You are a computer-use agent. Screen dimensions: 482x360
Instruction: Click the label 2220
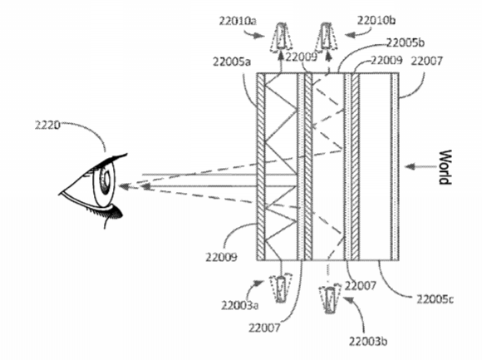47,126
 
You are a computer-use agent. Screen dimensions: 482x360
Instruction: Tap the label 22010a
238,21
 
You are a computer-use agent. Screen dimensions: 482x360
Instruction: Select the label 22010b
376,20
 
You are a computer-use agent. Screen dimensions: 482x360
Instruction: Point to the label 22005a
232,62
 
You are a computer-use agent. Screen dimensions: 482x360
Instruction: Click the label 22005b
406,42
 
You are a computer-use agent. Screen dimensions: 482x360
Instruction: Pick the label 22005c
435,298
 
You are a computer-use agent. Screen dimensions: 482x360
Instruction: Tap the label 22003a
239,305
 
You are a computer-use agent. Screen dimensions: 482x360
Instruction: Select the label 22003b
367,341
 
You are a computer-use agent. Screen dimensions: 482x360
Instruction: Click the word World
445,167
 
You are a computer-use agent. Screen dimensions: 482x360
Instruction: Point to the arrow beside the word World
421,167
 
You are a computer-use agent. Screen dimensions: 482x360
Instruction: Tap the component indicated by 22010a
281,37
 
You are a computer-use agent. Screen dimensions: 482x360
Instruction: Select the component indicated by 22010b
326,36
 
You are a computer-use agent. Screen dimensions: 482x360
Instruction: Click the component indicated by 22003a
280,288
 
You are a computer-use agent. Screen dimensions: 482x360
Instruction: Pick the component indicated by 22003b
330,298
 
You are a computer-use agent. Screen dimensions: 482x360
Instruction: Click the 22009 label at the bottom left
221,257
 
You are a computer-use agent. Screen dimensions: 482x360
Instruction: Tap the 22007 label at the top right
426,62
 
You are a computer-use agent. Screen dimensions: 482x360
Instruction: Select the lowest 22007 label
264,328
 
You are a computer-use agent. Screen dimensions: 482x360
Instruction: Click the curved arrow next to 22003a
256,287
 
